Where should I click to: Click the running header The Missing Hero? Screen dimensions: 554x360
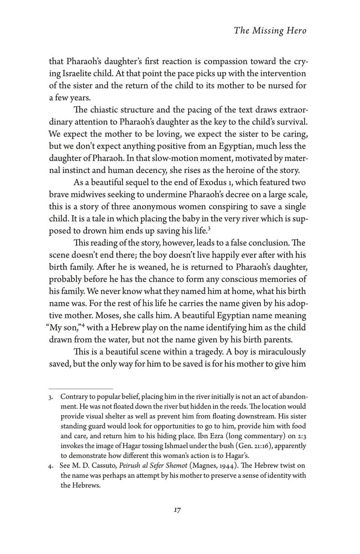click(x=268, y=31)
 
